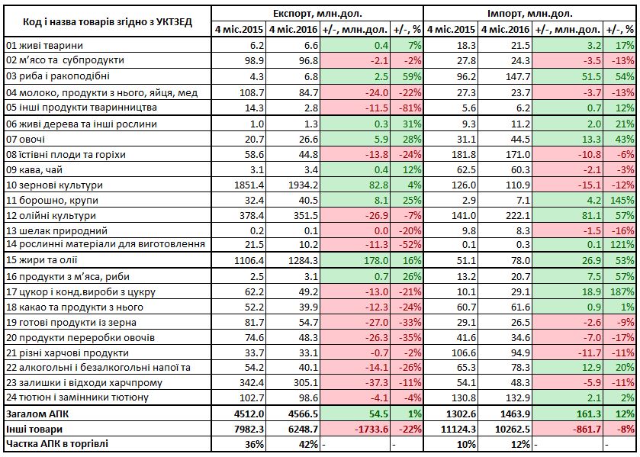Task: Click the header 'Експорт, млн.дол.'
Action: [317, 14]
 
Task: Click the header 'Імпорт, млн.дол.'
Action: [530, 14]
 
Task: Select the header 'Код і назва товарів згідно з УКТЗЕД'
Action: [108, 21]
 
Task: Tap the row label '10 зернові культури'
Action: [54, 185]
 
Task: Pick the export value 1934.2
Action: [304, 185]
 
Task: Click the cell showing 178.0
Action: [376, 261]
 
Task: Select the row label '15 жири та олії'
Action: [42, 261]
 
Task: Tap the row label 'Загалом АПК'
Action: [37, 414]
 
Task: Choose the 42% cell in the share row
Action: [308, 444]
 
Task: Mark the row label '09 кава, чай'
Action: [34, 170]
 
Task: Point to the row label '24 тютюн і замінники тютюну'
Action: [78, 397]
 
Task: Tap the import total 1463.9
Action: [515, 414]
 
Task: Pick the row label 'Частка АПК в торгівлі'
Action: [57, 444]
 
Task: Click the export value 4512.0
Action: [249, 414]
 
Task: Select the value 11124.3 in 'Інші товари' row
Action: [458, 430]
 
